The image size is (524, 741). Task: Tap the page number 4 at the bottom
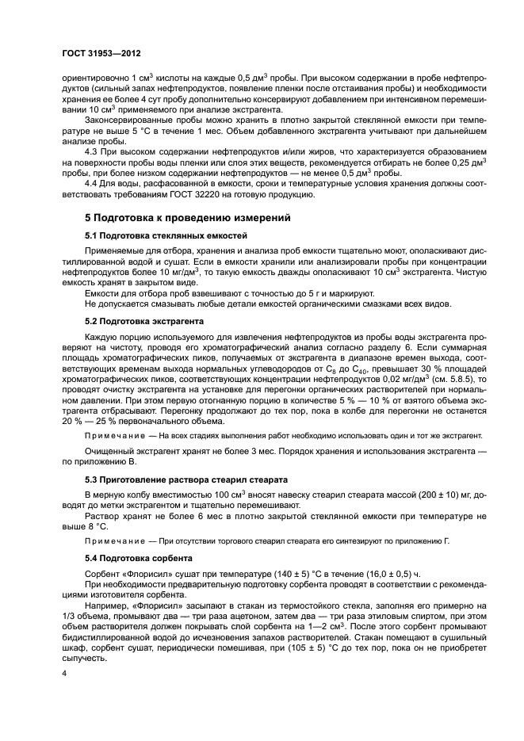(63, 672)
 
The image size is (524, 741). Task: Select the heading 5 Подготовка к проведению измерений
(178, 216)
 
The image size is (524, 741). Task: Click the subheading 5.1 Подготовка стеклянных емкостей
(166, 235)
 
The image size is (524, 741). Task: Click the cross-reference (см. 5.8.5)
(445, 379)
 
